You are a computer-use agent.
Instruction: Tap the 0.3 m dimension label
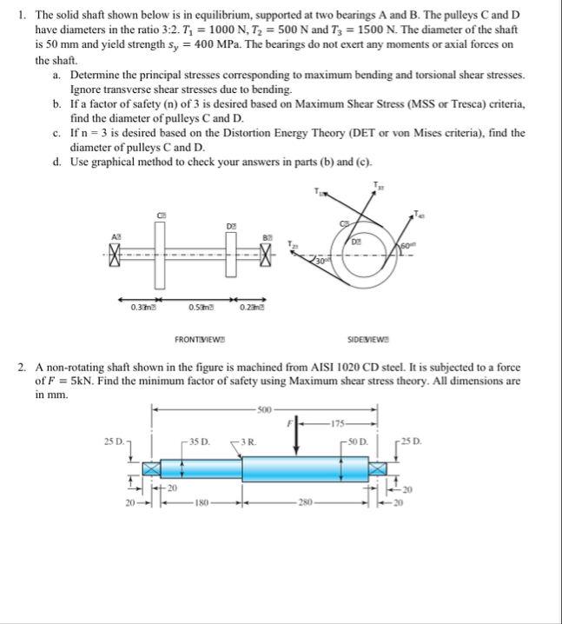[142, 305]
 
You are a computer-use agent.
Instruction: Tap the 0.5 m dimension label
[201, 305]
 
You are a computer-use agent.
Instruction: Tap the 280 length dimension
[301, 501]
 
